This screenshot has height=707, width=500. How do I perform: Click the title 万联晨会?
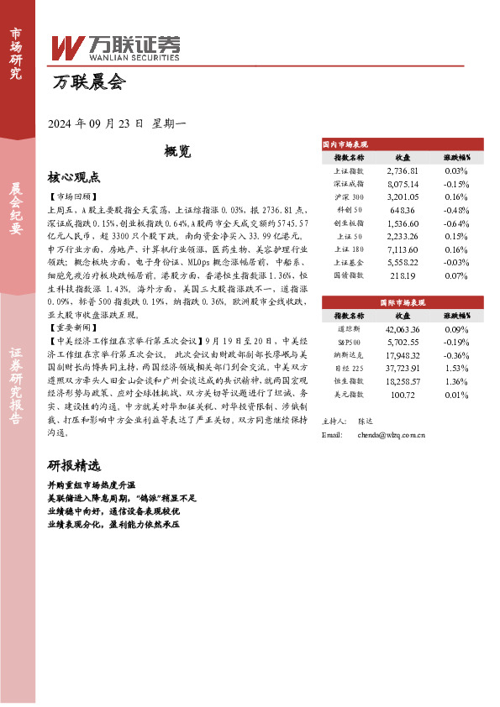point(88,82)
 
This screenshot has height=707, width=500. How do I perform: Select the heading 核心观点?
point(74,177)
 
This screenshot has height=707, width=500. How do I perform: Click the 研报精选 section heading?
point(74,465)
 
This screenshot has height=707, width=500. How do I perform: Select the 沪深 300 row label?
point(349,196)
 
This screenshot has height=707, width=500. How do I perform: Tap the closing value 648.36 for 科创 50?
point(403,210)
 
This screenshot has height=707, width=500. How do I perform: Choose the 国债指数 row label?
point(349,275)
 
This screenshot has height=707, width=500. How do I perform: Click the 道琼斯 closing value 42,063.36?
point(403,330)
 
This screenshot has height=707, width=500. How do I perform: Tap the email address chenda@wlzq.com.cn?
point(391,435)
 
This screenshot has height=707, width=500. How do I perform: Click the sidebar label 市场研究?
point(16,53)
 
